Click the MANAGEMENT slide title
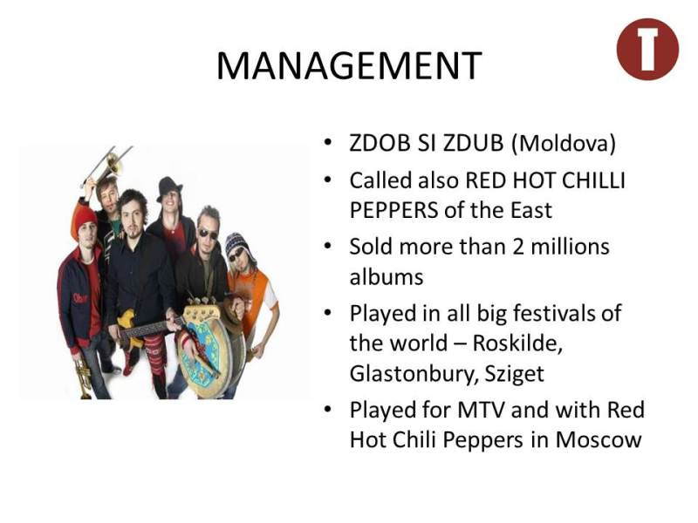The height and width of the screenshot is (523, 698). click(x=349, y=65)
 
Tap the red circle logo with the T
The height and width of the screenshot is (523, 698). click(x=647, y=49)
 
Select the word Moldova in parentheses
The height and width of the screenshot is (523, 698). click(x=563, y=143)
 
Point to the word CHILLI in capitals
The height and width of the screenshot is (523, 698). click(x=593, y=180)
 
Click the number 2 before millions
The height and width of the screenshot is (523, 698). click(x=517, y=247)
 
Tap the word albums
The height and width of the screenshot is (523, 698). click(x=386, y=276)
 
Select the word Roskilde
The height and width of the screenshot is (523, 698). click(x=517, y=343)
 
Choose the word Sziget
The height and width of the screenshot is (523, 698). click(x=514, y=374)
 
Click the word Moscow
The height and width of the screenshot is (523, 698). click(x=599, y=440)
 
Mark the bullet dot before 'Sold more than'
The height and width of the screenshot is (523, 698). click(x=328, y=246)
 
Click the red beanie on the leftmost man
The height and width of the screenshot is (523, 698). click(x=83, y=221)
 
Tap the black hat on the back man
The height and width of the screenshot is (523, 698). click(x=168, y=188)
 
